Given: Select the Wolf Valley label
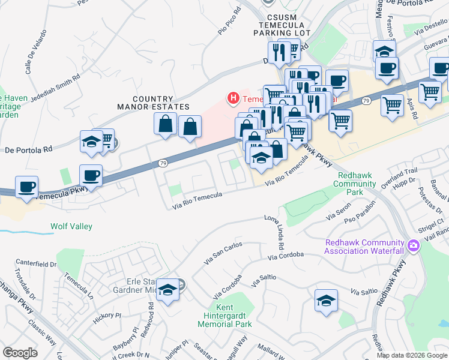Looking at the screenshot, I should pyautogui.click(x=71, y=227).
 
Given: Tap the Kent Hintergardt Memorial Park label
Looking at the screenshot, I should pyautogui.click(x=225, y=316).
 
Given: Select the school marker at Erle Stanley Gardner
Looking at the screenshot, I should pyautogui.click(x=169, y=290).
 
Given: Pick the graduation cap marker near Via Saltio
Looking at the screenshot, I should pyautogui.click(x=326, y=300).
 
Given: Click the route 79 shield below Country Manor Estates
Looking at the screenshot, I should pyautogui.click(x=163, y=163).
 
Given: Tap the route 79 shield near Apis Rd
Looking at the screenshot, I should pyautogui.click(x=365, y=101).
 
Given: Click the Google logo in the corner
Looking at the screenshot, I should pyautogui.click(x=20, y=352).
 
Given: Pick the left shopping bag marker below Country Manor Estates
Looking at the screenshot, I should pyautogui.click(x=165, y=124).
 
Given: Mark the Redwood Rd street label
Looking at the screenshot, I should pyautogui.click(x=150, y=312).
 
